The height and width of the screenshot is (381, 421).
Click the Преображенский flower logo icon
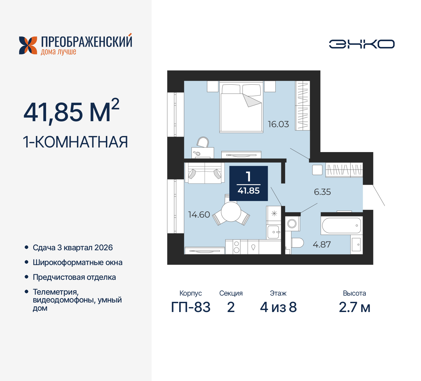point(28,45)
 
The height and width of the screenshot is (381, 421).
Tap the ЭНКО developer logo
point(361,44)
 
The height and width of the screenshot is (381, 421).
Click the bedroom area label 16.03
point(278,124)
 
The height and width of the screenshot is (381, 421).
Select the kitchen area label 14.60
point(199,214)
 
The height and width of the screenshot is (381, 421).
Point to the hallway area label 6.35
point(322,192)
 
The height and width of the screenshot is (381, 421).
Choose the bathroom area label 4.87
point(321,244)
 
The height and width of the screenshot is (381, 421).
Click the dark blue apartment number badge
point(248,183)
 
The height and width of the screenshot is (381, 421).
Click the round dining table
point(231,212)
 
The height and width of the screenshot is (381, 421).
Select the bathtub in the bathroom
point(341,226)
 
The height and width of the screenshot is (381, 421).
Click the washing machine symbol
point(292,224)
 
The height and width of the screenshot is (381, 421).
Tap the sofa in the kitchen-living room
point(204,172)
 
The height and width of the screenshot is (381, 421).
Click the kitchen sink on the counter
point(273,232)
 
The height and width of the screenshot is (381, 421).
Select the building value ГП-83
point(190,307)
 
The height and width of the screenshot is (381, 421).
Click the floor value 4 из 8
point(278,307)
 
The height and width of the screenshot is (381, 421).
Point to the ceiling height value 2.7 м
point(354,307)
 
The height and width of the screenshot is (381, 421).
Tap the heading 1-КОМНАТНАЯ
point(75,142)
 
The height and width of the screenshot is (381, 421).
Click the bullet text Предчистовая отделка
point(74,277)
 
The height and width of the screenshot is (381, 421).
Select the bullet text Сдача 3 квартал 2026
point(72,248)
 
